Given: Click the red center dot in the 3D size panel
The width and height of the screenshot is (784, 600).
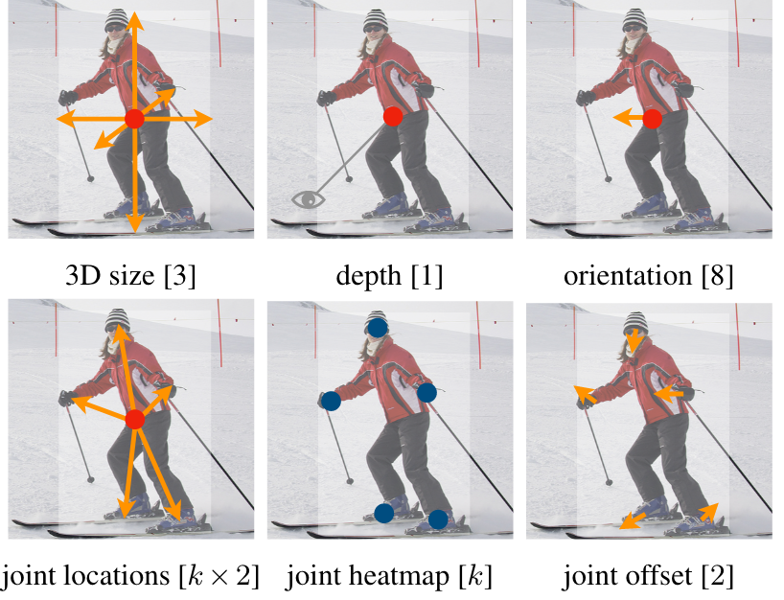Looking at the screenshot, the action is click(x=134, y=119).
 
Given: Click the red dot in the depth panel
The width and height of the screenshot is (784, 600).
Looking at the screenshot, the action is click(x=392, y=116).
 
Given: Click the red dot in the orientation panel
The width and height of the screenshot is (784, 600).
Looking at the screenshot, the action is click(x=652, y=119).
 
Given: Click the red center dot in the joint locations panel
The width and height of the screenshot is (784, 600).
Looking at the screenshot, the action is click(x=134, y=420).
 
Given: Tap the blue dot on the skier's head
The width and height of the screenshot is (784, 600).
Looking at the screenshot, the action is click(x=377, y=327).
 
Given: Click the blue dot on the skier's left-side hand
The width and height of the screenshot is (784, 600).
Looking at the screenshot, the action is click(x=331, y=400).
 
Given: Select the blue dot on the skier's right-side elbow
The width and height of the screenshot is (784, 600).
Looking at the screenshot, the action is click(x=427, y=392).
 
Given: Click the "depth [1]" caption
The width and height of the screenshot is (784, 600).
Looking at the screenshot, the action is click(x=391, y=277).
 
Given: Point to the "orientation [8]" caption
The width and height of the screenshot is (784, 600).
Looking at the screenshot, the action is click(x=649, y=277).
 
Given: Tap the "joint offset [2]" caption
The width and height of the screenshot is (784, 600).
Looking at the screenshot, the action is click(x=650, y=577).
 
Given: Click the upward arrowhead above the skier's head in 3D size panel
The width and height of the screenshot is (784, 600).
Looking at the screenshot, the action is click(x=134, y=16).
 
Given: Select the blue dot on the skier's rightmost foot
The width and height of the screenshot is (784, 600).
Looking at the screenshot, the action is click(x=438, y=519).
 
